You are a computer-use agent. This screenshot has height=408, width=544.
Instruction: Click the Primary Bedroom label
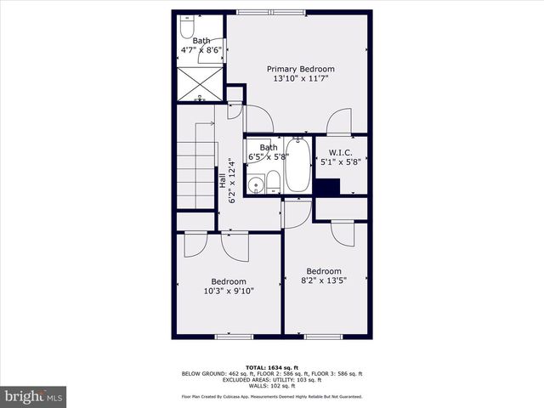click(300, 69)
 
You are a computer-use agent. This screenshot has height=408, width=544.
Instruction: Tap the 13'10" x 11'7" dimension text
click(300, 79)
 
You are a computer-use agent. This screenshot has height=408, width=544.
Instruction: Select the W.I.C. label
click(340, 154)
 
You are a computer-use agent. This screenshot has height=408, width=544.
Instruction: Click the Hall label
click(223, 180)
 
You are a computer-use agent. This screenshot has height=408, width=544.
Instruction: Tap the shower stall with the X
click(201, 82)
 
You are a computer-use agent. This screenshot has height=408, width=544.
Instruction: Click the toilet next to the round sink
click(273, 181)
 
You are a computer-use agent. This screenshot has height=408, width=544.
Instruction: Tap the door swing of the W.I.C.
click(340, 121)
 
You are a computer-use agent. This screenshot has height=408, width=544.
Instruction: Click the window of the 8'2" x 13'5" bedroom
click(323, 337)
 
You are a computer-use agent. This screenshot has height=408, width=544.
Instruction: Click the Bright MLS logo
click(34, 396)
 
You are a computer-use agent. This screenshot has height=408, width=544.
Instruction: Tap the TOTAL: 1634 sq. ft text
click(271, 366)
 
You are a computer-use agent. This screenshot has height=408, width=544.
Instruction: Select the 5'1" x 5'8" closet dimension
click(340, 163)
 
